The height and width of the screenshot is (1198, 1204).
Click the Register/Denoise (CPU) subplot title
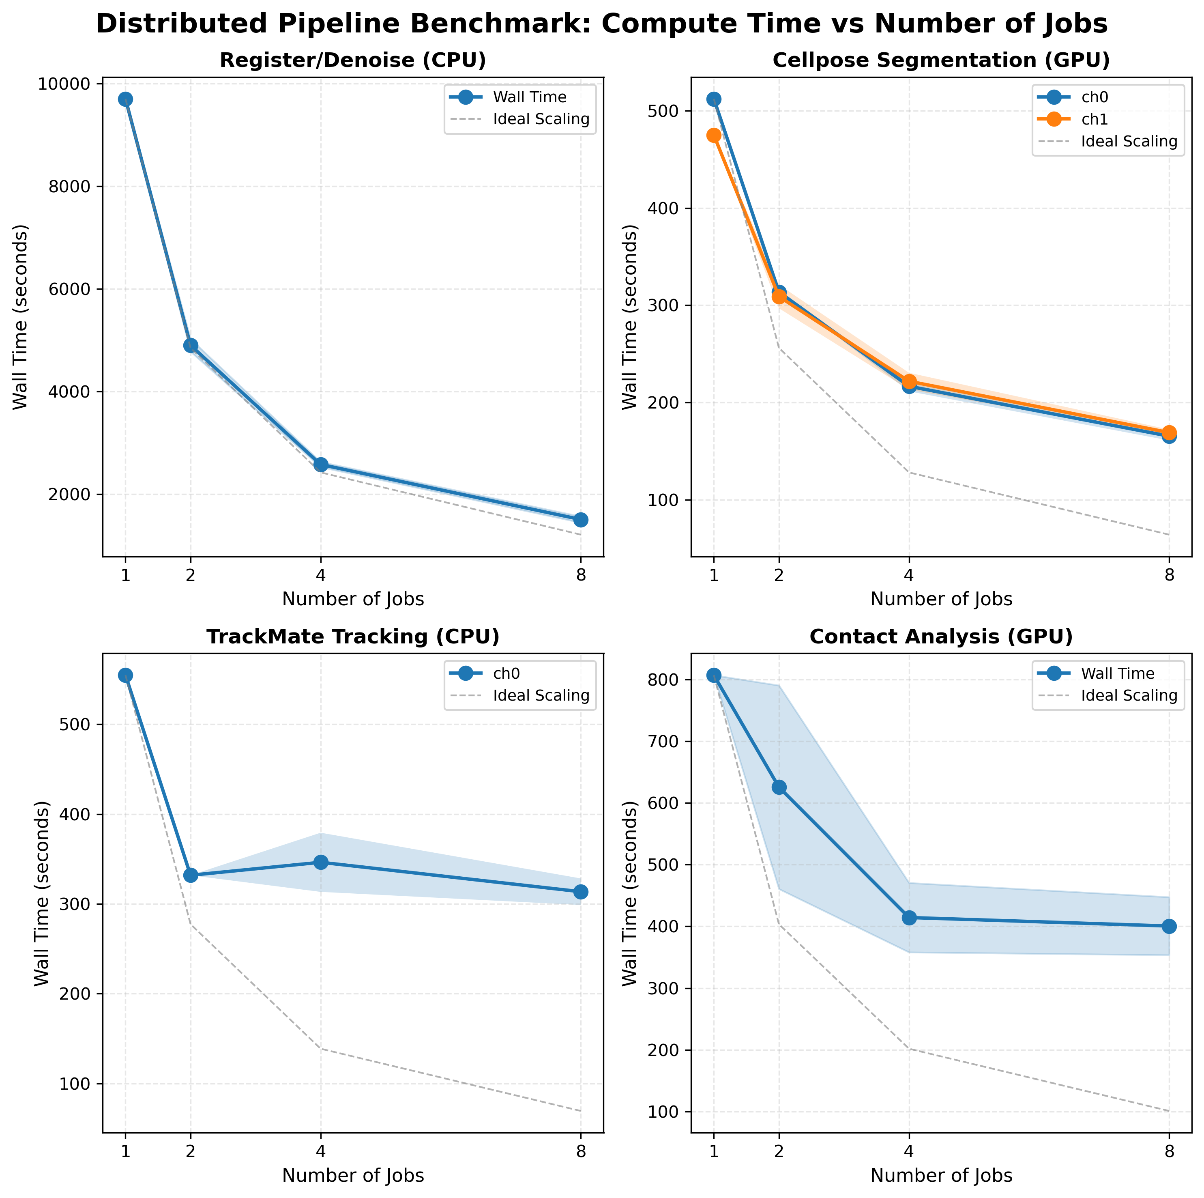tap(353, 60)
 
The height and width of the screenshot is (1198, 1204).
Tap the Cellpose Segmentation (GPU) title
tap(941, 60)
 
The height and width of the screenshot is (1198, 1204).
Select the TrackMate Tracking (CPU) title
tap(353, 637)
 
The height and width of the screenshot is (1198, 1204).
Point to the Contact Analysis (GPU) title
tap(941, 637)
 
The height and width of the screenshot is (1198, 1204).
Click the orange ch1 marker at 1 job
tap(714, 135)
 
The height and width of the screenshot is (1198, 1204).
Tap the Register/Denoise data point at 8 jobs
tap(581, 520)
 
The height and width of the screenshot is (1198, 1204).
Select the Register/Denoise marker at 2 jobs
tap(191, 345)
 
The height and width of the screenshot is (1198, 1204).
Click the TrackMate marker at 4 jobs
tap(321, 862)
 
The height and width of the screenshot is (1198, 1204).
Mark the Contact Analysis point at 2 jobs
tap(779, 787)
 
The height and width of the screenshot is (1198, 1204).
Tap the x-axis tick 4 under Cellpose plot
tap(909, 575)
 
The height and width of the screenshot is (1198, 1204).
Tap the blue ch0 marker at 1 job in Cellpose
tap(714, 99)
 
